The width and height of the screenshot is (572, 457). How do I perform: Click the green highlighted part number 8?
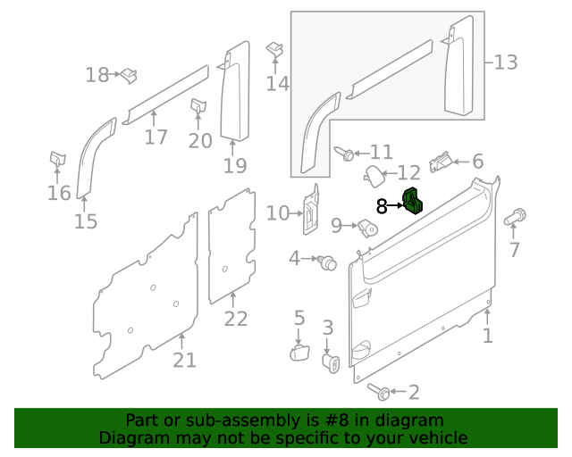coord(413,203)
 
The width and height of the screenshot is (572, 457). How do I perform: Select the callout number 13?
coord(506,62)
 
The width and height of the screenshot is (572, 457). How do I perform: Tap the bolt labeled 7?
coord(516,216)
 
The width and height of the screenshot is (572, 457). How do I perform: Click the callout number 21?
coord(184,361)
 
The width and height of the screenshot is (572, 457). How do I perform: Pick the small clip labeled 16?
coord(56,159)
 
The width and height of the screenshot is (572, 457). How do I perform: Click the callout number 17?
coord(156,137)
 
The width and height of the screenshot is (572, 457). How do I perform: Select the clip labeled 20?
coord(197,108)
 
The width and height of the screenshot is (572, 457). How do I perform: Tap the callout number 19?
coord(234,166)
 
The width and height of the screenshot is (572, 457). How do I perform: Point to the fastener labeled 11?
coord(344,154)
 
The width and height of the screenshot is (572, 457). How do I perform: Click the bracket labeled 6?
coord(441,162)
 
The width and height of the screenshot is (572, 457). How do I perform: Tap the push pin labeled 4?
coord(326,262)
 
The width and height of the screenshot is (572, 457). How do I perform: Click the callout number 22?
coord(235,319)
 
